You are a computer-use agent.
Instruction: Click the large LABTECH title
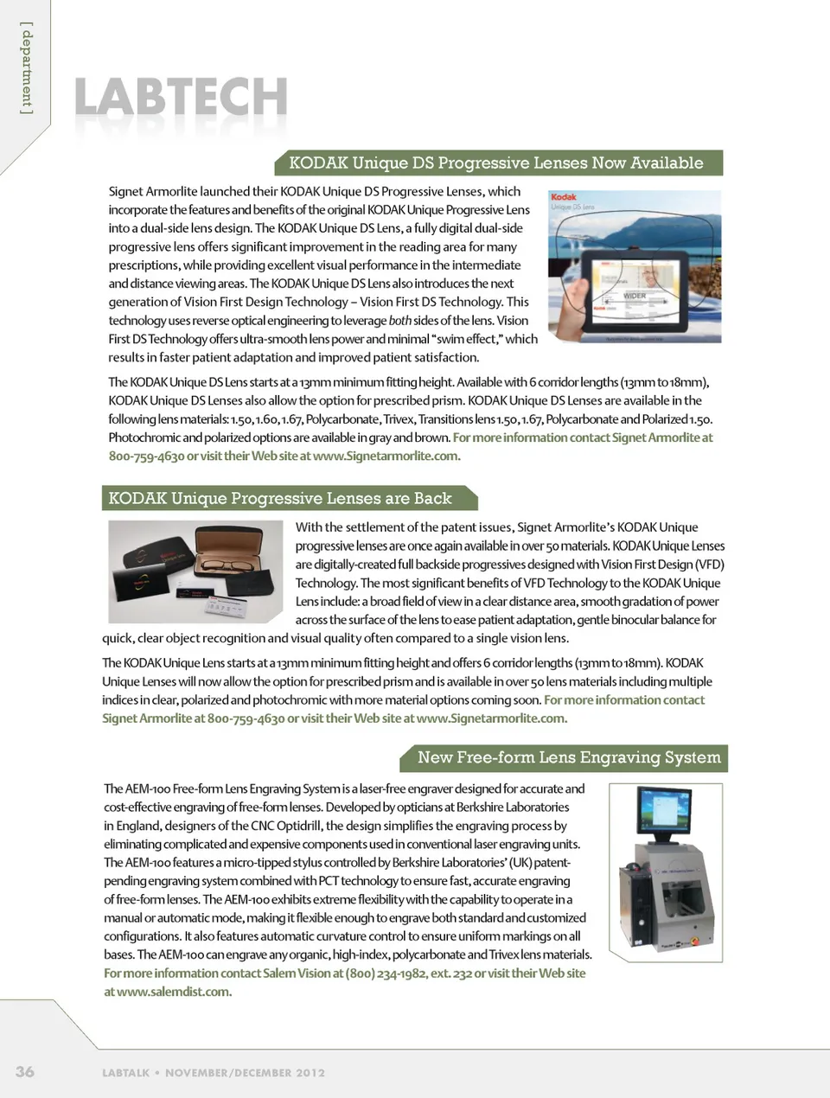pyautogui.click(x=181, y=96)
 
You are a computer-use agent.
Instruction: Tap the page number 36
pyautogui.click(x=25, y=1071)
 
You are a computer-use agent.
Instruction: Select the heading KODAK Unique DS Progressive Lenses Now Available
pyautogui.click(x=495, y=163)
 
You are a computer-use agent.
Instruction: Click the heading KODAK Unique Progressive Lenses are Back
pyautogui.click(x=280, y=498)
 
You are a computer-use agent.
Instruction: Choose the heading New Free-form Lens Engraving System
pyautogui.click(x=568, y=757)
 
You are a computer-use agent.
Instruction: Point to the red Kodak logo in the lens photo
pyautogui.click(x=564, y=197)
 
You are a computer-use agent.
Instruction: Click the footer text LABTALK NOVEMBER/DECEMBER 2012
pyautogui.click(x=214, y=1073)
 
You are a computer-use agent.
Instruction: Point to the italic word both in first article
pyautogui.click(x=399, y=321)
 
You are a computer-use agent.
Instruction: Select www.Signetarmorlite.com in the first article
pyautogui.click(x=386, y=456)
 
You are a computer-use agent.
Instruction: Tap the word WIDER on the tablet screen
pyautogui.click(x=635, y=296)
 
